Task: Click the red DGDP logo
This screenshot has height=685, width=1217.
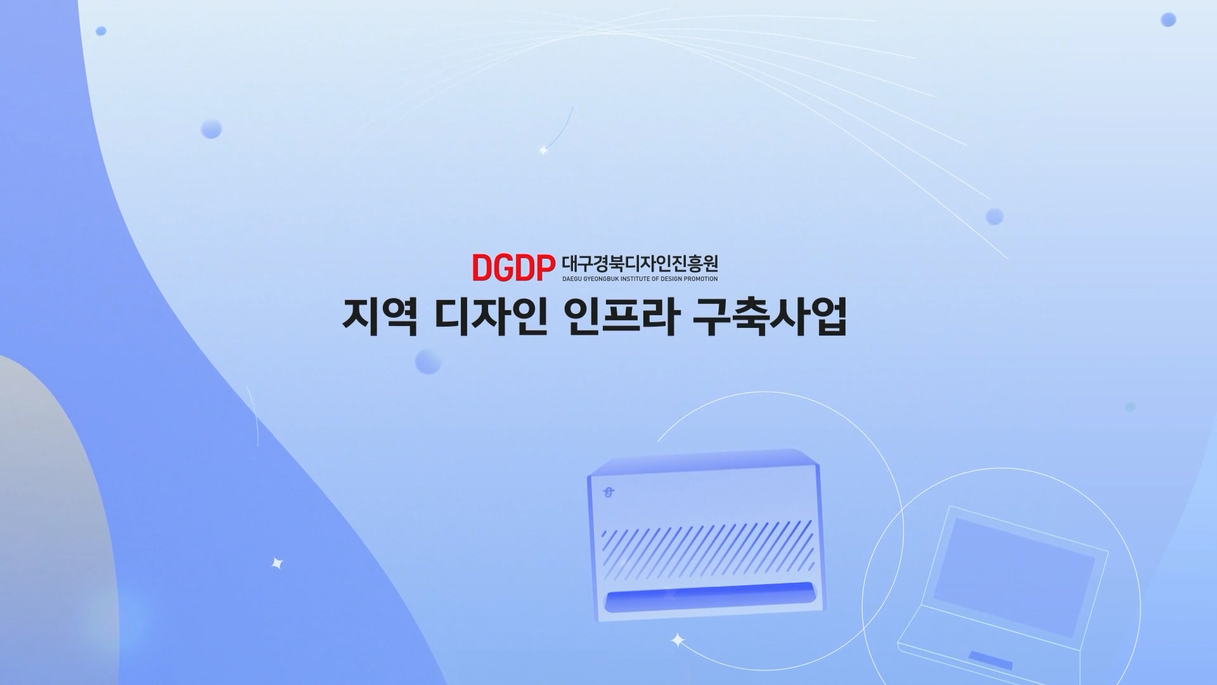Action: tap(513, 268)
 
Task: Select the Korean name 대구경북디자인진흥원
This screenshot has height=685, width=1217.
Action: tap(640, 263)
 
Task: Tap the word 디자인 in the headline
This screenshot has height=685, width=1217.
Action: tap(491, 316)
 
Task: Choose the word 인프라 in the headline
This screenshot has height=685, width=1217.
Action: tap(621, 316)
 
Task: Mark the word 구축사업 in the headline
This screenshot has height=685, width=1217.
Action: tap(770, 316)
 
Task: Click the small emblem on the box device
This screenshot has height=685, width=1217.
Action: tap(609, 492)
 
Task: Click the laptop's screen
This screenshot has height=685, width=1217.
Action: tap(1014, 577)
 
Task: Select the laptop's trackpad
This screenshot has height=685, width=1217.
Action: tap(990, 659)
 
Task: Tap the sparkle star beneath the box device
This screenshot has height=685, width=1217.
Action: tap(678, 640)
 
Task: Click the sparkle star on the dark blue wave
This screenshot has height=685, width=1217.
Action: tap(277, 563)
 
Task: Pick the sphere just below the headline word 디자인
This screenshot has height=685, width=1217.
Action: tap(428, 362)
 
